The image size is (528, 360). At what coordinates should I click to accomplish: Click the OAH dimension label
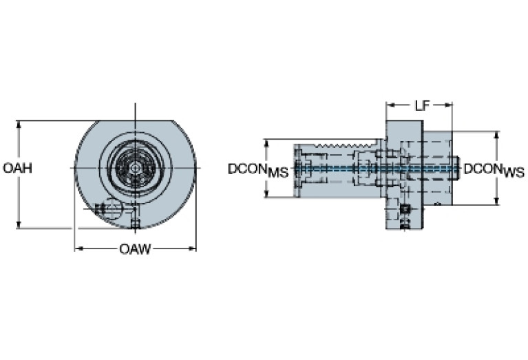17,168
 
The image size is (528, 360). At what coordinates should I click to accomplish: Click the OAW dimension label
135,248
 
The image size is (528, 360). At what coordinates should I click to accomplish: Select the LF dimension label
422,105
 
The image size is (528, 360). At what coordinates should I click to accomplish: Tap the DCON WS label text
493,169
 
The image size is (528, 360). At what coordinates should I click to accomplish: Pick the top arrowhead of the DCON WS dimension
496,135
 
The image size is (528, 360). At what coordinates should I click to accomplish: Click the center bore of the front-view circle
135,167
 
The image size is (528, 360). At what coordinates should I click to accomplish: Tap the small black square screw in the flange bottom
405,209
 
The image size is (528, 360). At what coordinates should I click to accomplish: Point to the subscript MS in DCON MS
278,173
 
